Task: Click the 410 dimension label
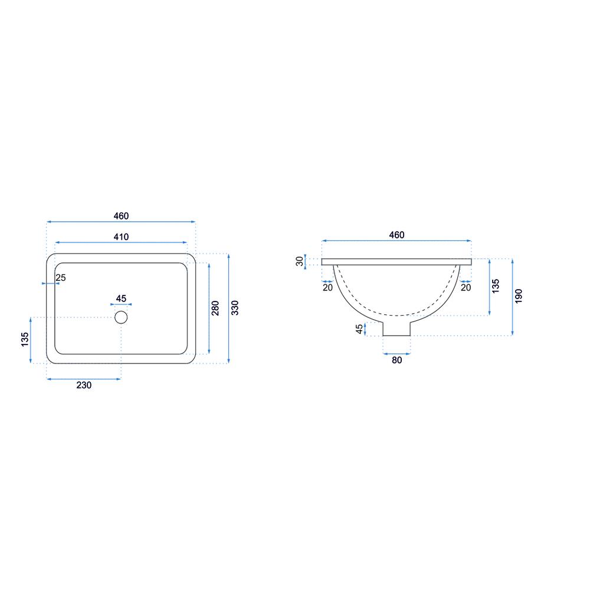pos(121,237)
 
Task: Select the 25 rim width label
pos(61,278)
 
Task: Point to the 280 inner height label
pos(215,308)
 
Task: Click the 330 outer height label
pos(235,308)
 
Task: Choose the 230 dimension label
pos(84,385)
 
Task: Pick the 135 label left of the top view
pos(25,339)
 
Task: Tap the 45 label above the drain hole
pos(121,299)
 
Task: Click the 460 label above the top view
pos(121,216)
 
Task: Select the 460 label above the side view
pos(396,235)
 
